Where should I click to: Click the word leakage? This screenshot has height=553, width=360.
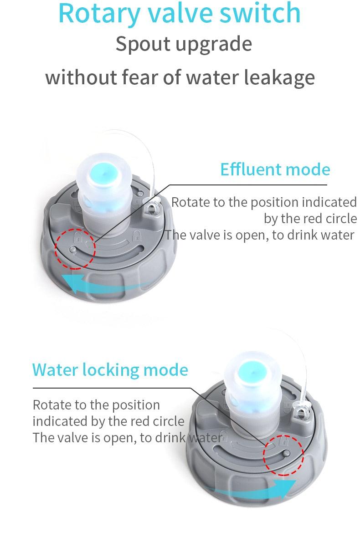[279, 77]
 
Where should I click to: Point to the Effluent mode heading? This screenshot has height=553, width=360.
[275, 169]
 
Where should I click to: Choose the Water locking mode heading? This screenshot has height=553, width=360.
[110, 369]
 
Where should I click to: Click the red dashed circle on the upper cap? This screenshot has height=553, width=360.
[75, 248]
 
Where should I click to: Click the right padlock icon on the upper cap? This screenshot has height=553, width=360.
[135, 236]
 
